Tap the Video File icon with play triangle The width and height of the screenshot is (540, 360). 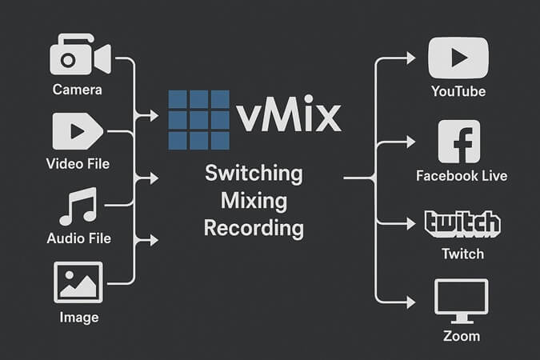pos(77,131)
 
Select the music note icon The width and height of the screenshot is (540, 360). pos(78,206)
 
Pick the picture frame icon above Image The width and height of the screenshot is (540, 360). pos(78,282)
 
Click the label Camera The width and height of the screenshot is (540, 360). pos(78,90)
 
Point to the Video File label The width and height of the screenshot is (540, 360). pos(78,164)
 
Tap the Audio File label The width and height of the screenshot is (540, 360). pos(78,238)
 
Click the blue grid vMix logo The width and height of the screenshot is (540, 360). pos(199,119)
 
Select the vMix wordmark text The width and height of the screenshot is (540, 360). pos(290,118)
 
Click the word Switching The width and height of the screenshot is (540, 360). pos(254,173)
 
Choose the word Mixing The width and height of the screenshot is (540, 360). pos(254,201)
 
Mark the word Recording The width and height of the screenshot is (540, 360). pos(254,229)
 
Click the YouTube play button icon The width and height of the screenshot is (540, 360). pos(458,58)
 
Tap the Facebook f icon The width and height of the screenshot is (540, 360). pos(459,142)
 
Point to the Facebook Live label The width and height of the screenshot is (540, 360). pos(462,175)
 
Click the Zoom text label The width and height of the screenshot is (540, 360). pos(462,335)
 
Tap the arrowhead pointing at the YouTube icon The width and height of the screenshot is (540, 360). pos(410,58)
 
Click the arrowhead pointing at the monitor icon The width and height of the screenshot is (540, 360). pos(410,301)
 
